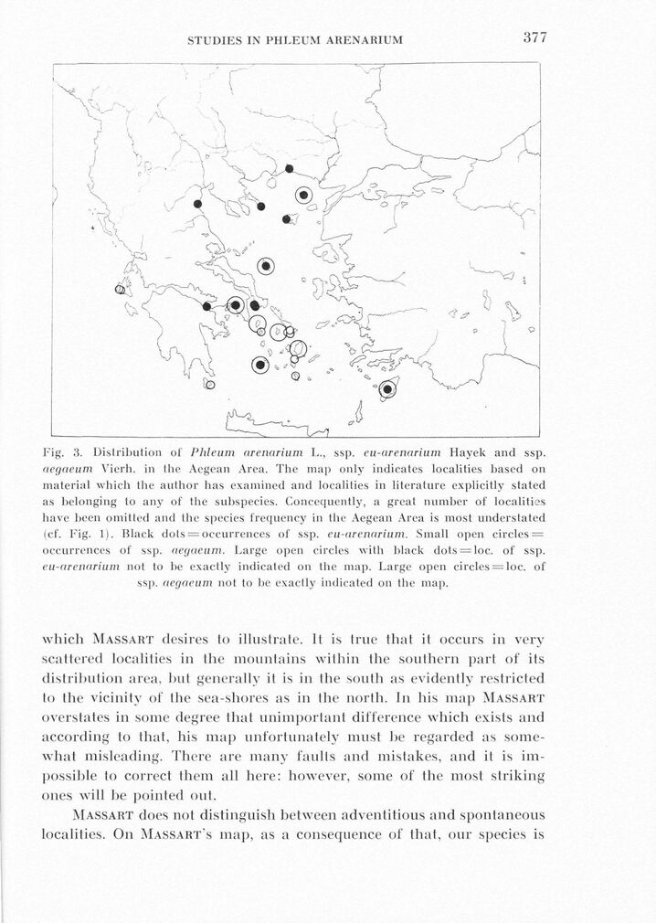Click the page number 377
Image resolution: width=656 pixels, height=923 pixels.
534,37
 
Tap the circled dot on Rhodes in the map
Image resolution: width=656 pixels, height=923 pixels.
387,389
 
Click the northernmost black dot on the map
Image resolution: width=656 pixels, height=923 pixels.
289,168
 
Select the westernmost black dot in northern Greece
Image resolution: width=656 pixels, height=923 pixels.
196,203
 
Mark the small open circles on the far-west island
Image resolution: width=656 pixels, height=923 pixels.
119,290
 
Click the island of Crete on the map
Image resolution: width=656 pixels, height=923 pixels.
274,421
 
